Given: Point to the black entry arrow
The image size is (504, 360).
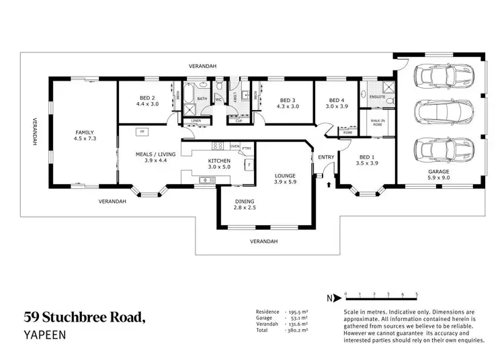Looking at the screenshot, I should pyautogui.click(x=327, y=183).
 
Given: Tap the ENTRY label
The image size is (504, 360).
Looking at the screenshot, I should pyautogui.click(x=326, y=157).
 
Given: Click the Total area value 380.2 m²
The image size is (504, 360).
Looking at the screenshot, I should pyautogui.click(x=296, y=330).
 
